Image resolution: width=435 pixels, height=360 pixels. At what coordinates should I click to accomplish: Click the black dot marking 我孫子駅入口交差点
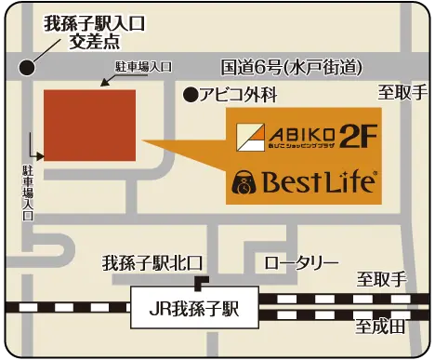coord(29,68)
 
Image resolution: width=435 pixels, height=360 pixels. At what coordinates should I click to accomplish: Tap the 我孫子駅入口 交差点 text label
coord(93,33)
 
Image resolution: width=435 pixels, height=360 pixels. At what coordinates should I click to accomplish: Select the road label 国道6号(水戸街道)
coord(291,67)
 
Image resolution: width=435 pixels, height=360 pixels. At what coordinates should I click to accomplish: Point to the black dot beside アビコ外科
coord(190,94)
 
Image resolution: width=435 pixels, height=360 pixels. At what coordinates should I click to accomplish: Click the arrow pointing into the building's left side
coord(37,154)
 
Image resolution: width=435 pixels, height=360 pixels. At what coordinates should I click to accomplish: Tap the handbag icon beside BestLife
coord(244,181)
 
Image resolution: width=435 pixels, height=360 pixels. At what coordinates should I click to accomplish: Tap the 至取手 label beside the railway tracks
coord(382,280)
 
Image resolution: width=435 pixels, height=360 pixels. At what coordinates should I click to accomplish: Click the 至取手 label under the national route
coord(402,93)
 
